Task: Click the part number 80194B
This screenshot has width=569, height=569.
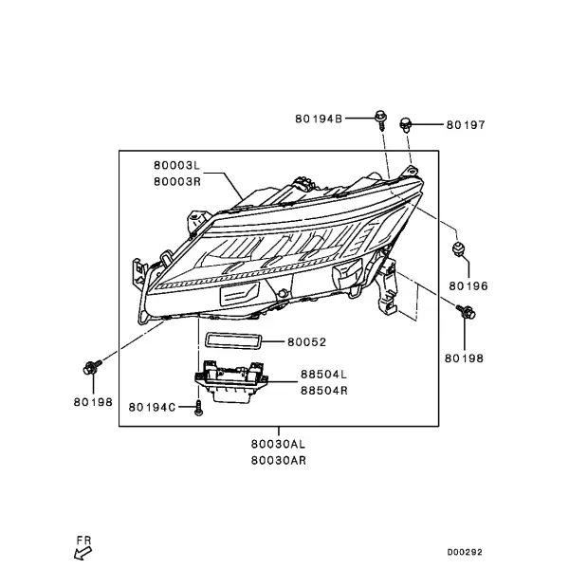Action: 319,119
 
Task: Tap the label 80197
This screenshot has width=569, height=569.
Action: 466,125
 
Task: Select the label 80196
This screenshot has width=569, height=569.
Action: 468,286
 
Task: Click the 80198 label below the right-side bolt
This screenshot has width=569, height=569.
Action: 464,358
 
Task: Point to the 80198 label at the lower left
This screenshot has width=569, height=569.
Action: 93,402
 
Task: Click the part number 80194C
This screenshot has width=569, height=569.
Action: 152,407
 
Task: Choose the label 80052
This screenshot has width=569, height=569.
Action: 307,341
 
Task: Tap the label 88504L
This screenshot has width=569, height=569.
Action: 324,375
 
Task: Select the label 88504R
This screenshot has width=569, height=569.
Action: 324,391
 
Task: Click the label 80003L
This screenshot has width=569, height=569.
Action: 176,165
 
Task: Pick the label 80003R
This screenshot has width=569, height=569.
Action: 177,181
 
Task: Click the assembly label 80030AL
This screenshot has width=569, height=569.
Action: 278,444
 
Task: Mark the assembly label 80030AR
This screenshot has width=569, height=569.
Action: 279,460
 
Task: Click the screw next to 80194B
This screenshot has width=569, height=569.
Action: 380,120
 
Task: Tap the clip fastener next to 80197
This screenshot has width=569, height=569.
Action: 405,124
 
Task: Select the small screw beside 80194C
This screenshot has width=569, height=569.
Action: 198,408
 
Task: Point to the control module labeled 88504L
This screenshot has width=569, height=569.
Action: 230,381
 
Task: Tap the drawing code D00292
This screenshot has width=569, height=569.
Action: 465,552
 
